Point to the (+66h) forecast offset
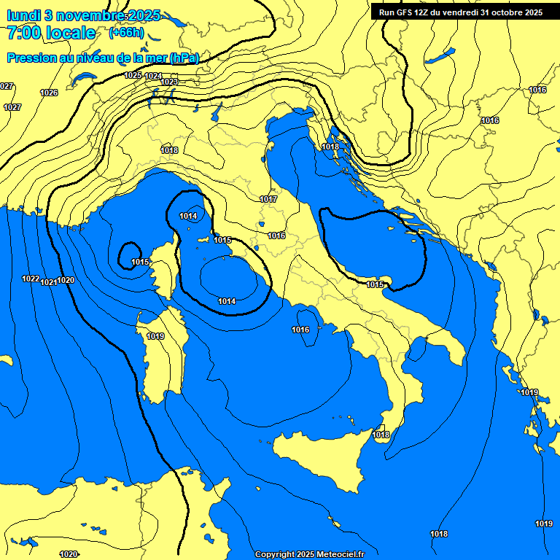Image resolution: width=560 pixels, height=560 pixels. pyautogui.click(x=126, y=33)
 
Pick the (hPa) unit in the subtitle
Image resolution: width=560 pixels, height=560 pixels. pyautogui.click(x=184, y=58)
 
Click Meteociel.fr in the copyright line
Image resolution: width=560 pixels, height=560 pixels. pyautogui.click(x=337, y=555)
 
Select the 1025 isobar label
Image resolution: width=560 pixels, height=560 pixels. pyautogui.click(x=133, y=76)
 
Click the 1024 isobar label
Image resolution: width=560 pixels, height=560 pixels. pyautogui.click(x=153, y=77)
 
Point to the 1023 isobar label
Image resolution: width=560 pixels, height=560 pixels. pyautogui.click(x=169, y=82)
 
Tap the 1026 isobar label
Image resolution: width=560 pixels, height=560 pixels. pyautogui.click(x=49, y=93)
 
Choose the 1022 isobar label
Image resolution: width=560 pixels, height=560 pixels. pyautogui.click(x=31, y=279)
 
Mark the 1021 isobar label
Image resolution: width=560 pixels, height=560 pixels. pyautogui.click(x=48, y=282)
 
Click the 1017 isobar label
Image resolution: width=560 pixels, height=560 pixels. pyautogui.click(x=268, y=199)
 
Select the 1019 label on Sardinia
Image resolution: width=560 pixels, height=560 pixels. pyautogui.click(x=155, y=336)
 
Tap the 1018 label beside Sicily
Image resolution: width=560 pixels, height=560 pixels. pyautogui.click(x=381, y=435)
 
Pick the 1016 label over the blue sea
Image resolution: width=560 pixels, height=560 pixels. pyautogui.click(x=300, y=330)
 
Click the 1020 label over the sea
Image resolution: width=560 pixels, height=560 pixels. pyautogui.click(x=66, y=280)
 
